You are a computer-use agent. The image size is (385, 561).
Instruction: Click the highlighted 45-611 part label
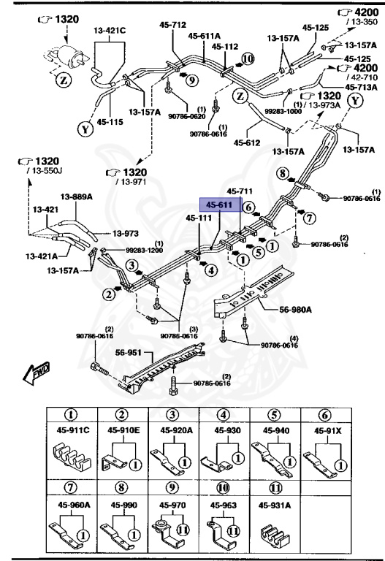coord(218,205)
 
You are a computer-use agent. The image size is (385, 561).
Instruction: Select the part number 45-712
coord(173,24)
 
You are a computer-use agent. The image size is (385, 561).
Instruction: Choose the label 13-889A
coord(75,196)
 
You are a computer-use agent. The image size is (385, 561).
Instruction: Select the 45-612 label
coord(248,142)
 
